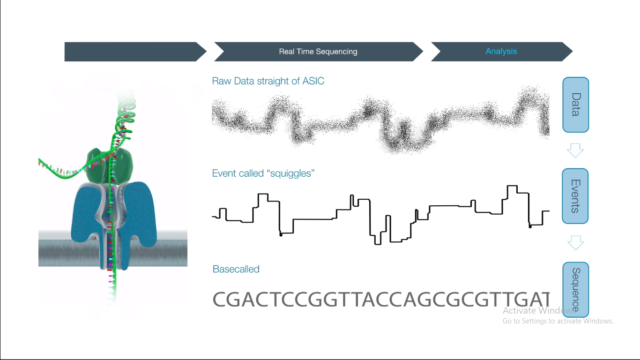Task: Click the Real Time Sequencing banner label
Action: pyautogui.click(x=318, y=52)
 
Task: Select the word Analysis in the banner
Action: pyautogui.click(x=501, y=52)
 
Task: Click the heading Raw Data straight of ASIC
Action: pyautogui.click(x=268, y=81)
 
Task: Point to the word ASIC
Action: pyautogui.click(x=313, y=81)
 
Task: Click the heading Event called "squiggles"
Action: pyautogui.click(x=263, y=173)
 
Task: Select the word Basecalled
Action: pyautogui.click(x=236, y=270)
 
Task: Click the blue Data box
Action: pyautogui.click(x=575, y=105)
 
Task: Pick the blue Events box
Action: pyautogui.click(x=575, y=196)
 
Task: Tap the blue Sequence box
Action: pyautogui.click(x=575, y=289)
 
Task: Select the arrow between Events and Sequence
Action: pyautogui.click(x=575, y=243)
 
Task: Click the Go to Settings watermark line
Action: pyautogui.click(x=558, y=321)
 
